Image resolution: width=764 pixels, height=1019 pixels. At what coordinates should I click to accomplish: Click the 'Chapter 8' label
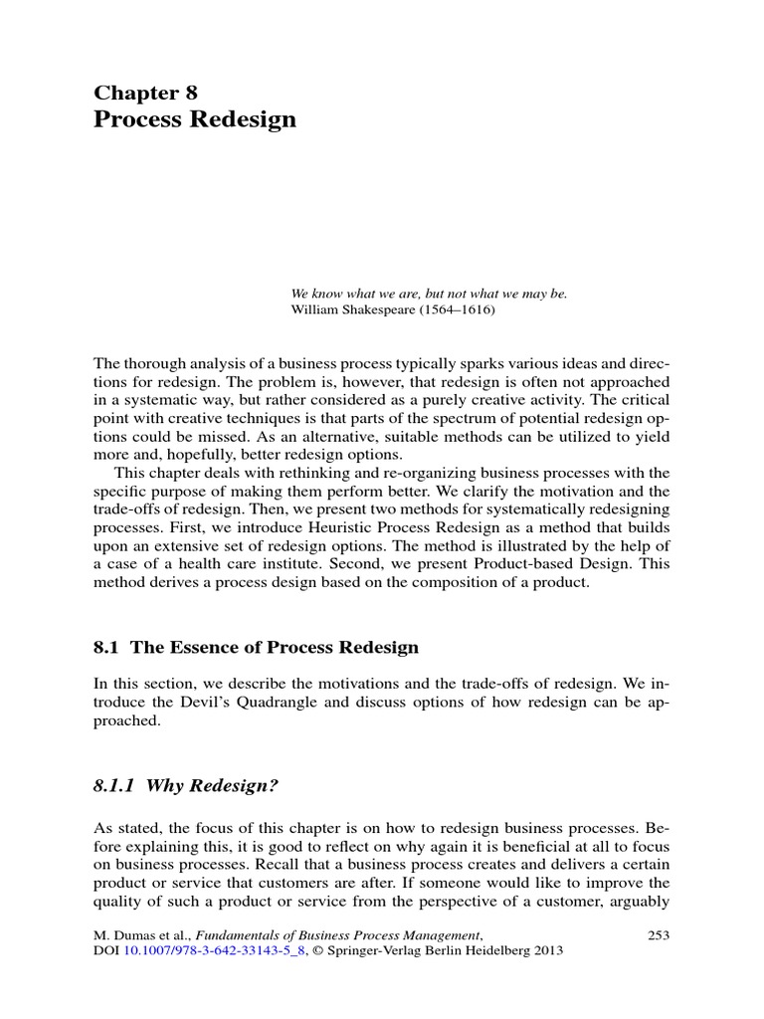[145, 93]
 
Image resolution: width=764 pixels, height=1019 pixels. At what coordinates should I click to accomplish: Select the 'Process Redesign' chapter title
[195, 119]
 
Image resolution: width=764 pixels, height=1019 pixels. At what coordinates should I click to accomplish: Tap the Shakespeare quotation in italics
[428, 294]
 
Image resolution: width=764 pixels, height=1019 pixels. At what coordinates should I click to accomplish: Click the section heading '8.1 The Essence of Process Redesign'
[256, 647]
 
